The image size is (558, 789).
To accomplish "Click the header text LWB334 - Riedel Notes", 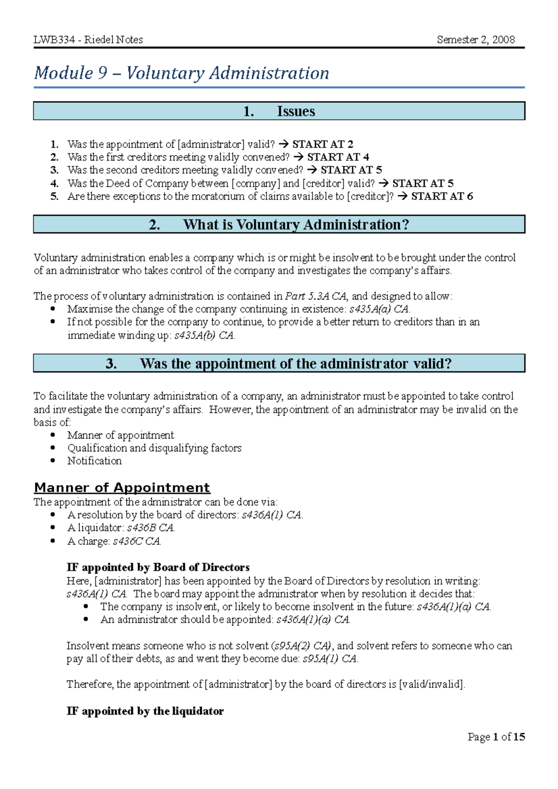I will click(88, 40).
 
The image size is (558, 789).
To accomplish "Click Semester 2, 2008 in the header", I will click(475, 40).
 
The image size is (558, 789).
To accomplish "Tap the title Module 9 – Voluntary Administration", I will click(181, 73).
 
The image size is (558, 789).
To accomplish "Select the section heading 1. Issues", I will click(279, 111).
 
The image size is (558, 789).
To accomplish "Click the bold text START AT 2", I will click(322, 144).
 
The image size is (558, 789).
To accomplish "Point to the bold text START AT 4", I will click(338, 157).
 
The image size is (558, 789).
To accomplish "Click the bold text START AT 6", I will click(442, 196).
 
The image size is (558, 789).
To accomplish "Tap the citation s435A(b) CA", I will click(204, 335).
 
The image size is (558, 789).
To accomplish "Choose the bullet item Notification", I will click(94, 461).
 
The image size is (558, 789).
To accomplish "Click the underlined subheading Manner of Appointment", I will click(122, 487).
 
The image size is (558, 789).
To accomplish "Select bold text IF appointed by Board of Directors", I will click(158, 567).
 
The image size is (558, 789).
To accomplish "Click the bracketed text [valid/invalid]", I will click(432, 684).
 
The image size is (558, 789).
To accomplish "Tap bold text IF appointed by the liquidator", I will click(145, 711).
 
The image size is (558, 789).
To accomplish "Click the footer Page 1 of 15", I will click(496, 736).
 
